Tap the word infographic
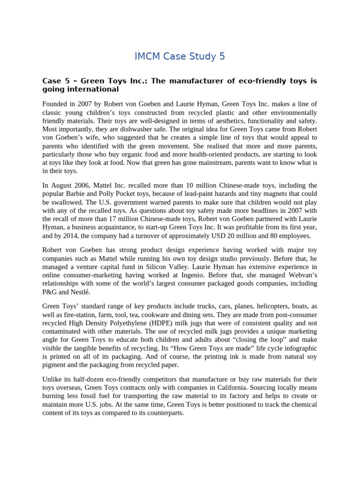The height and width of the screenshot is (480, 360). [298, 348]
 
